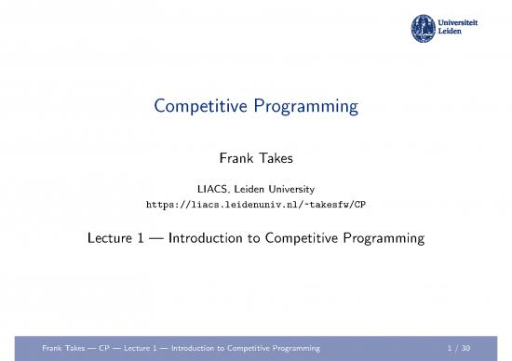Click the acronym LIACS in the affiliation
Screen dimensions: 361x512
coord(200,189)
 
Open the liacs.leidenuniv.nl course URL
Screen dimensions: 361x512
coord(255,204)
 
